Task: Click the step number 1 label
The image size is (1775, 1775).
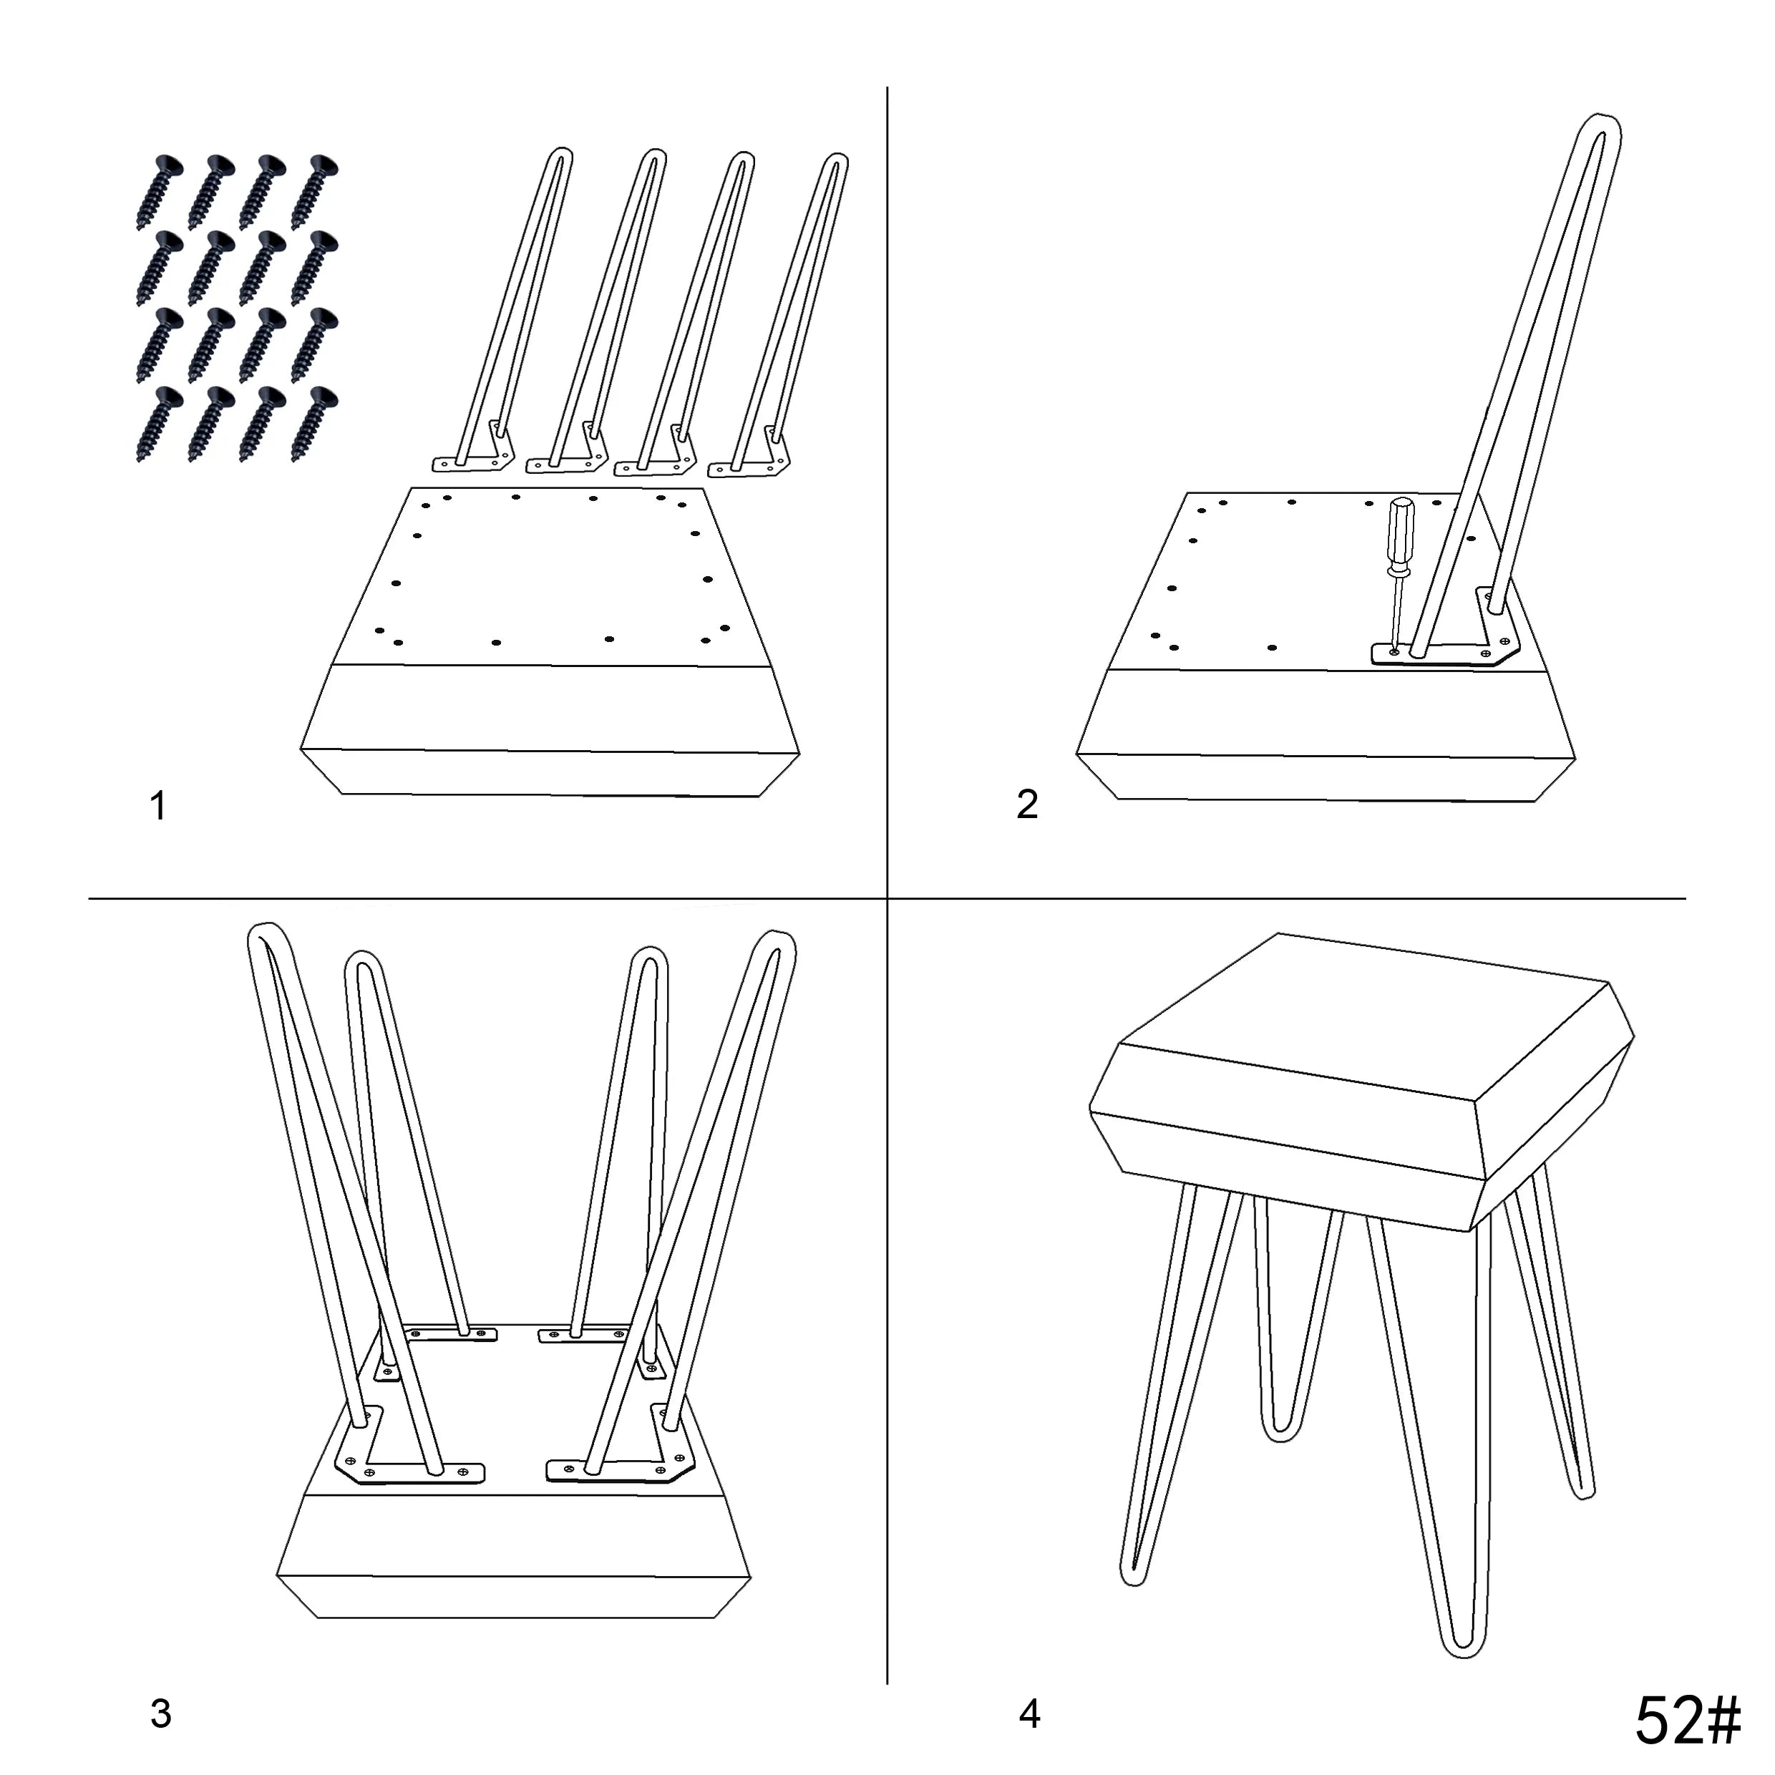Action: (158, 806)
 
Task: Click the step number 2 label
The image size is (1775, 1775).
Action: (1027, 804)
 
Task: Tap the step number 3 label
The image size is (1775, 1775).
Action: (161, 1713)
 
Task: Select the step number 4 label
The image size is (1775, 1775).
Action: (1029, 1713)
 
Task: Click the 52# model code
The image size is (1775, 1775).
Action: (1688, 1720)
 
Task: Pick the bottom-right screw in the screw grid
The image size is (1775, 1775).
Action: (314, 422)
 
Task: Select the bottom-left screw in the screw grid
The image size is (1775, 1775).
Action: (159, 422)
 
